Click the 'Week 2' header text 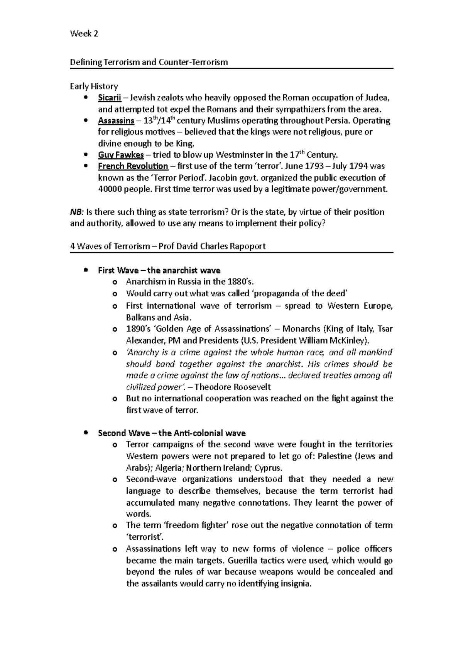(x=84, y=34)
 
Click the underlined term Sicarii (x=110, y=97)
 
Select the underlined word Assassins (x=116, y=121)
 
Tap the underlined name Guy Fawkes (x=121, y=155)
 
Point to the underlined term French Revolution (x=133, y=166)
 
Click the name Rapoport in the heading (x=247, y=246)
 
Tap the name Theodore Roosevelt (x=233, y=387)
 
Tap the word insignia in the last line (x=292, y=583)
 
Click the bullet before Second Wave (x=86, y=433)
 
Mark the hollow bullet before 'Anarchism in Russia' (x=114, y=282)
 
